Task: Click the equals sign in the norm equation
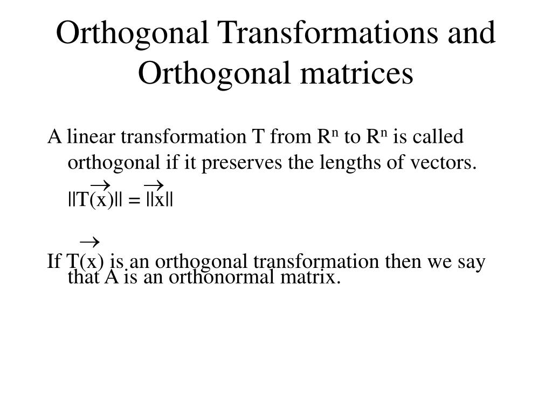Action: pos(134,201)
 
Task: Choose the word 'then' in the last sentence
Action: pos(404,262)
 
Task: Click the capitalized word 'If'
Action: pos(54,262)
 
